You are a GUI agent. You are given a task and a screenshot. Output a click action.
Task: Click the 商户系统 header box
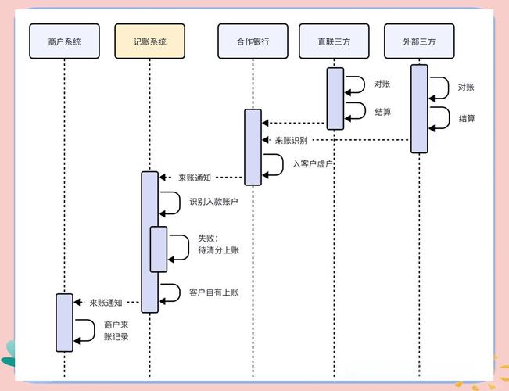[x=65, y=41]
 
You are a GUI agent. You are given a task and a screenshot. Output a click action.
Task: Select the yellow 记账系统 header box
[x=150, y=41]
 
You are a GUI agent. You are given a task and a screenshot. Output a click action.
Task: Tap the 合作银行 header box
[x=253, y=41]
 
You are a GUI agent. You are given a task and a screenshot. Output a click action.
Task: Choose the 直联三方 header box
[x=334, y=41]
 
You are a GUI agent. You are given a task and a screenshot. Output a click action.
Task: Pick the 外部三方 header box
[x=419, y=41]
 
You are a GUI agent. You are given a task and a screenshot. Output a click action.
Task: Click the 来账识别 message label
[x=291, y=140]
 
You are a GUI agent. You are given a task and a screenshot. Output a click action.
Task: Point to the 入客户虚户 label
[x=313, y=164]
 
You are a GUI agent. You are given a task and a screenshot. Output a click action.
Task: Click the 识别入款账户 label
[x=213, y=202]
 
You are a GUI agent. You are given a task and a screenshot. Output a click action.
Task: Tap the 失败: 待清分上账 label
[x=218, y=243]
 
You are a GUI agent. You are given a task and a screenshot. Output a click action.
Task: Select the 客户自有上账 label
[x=213, y=292]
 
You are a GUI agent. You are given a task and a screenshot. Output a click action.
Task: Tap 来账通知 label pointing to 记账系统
[x=194, y=178]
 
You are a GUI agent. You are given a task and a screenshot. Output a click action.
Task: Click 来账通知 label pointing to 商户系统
[x=106, y=302]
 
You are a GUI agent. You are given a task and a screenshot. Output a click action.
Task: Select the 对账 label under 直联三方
[x=382, y=84]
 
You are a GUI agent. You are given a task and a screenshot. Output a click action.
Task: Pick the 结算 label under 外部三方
[x=467, y=118]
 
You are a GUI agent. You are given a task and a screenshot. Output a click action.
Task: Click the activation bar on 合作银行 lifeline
[x=253, y=147]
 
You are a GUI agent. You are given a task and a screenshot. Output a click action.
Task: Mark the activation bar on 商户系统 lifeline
[x=64, y=322]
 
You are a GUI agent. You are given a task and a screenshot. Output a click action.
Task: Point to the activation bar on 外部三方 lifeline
[x=419, y=109]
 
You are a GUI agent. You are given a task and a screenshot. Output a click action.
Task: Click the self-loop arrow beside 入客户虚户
[x=274, y=164]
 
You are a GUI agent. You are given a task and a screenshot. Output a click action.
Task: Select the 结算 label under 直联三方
[x=382, y=112]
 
